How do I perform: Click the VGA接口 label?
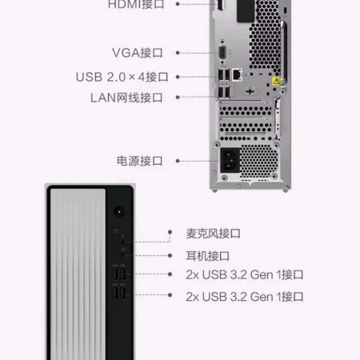pos(138,53)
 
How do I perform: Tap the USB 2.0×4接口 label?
pos(122,77)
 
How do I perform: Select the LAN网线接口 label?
pos(126,98)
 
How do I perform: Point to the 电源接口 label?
pos(140,161)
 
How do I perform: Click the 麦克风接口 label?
pos(214,234)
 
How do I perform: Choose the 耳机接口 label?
pos(208,256)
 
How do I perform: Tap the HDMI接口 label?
pos(136,4)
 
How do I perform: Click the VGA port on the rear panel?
pos(222,53)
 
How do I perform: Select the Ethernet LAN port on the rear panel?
pos(237,74)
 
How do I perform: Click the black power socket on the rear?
pos(230,160)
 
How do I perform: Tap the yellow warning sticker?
pos(276,81)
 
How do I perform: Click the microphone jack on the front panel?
pos(122,242)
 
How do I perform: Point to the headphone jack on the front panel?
pos(122,255)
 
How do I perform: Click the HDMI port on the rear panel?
pos(220,5)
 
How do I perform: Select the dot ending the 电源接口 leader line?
pos(178,161)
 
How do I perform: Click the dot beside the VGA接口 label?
pos(178,53)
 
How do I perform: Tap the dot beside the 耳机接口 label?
pos(170,255)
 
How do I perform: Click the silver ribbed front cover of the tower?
pos(78,274)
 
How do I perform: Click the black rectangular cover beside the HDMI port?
pos(246,10)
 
